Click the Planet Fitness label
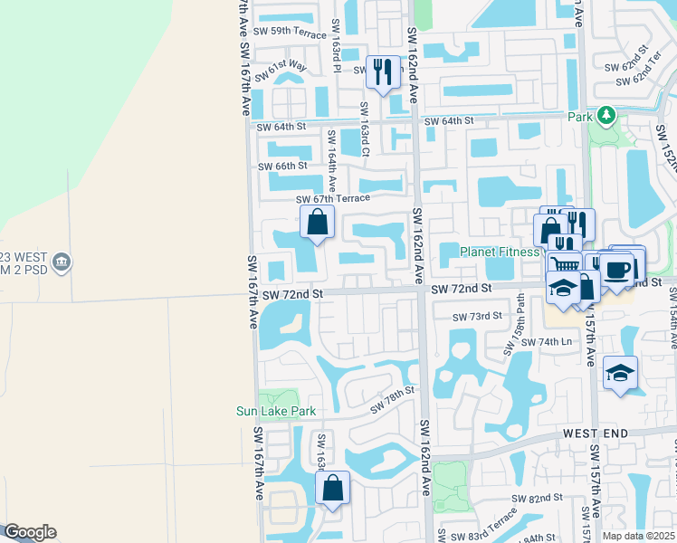coord(500,252)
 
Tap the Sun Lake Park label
coord(276,411)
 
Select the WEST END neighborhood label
coord(596,434)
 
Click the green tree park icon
coord(605,116)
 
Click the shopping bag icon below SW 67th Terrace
coord(318,222)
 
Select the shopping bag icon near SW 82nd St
coord(333,488)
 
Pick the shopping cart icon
coord(564,266)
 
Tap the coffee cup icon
coord(618,269)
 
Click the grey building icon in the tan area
coord(62,262)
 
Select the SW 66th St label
coord(283,167)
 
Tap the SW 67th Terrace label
coord(333,198)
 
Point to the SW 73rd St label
coord(478,316)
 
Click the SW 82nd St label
coord(537,499)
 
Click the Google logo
coord(29,532)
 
